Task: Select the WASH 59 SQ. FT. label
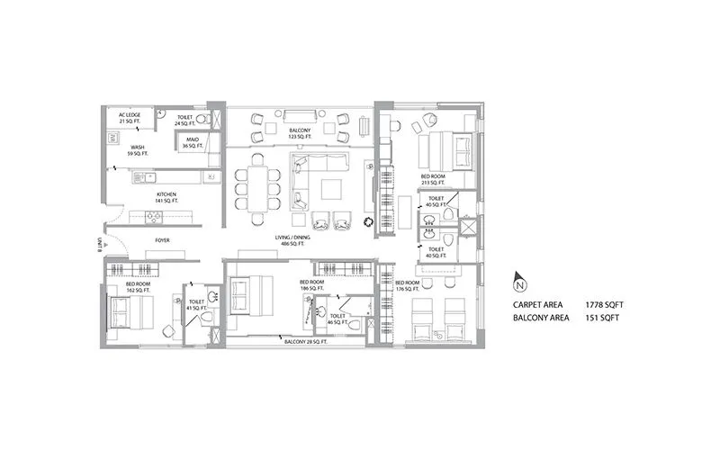pyautogui.click(x=138, y=150)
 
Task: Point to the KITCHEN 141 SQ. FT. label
pyautogui.click(x=166, y=197)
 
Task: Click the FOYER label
pyautogui.click(x=163, y=240)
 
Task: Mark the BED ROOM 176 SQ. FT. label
pyautogui.click(x=408, y=286)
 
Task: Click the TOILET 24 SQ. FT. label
pyautogui.click(x=185, y=119)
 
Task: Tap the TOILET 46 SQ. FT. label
pyautogui.click(x=338, y=318)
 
